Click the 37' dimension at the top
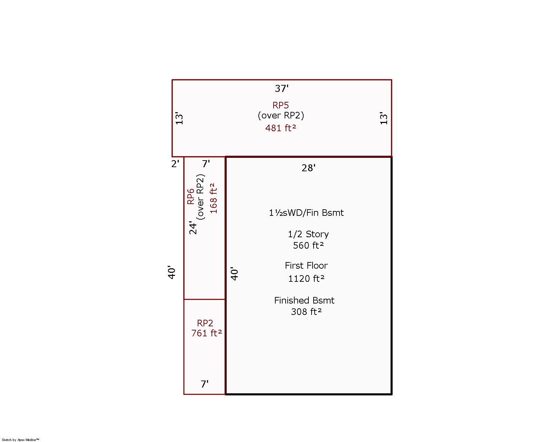pyautogui.click(x=282, y=89)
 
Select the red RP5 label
pyautogui.click(x=280, y=105)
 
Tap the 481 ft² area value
pyautogui.click(x=280, y=128)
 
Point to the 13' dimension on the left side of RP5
pyautogui.click(x=179, y=118)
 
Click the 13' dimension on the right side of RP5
pyautogui.click(x=384, y=118)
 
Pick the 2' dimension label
pyautogui.click(x=175, y=164)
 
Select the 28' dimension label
pyautogui.click(x=308, y=168)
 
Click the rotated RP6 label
pyautogui.click(x=190, y=196)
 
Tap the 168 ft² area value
pyautogui.click(x=214, y=198)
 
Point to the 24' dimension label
pyautogui.click(x=193, y=228)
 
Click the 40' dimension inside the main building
pyautogui.click(x=234, y=274)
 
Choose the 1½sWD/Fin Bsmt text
pyautogui.click(x=306, y=213)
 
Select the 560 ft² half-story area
pyautogui.click(x=308, y=246)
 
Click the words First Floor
pyautogui.click(x=306, y=266)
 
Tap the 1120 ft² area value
pyautogui.click(x=306, y=279)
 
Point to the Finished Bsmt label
pyautogui.click(x=304, y=300)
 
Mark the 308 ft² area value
pyautogui.click(x=306, y=312)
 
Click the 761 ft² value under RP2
pyautogui.click(x=207, y=333)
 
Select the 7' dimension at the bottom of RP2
pyautogui.click(x=205, y=384)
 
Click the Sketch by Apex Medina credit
pyautogui.click(x=20, y=440)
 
